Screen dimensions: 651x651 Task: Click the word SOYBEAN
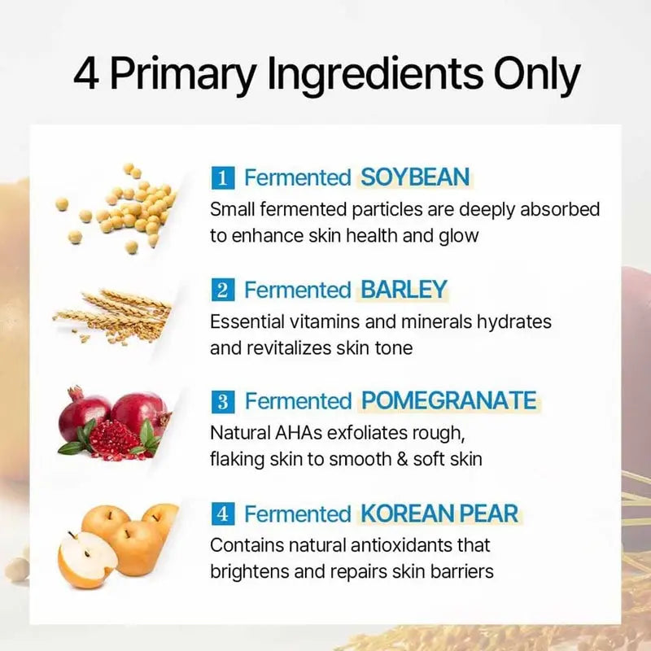pyautogui.click(x=415, y=177)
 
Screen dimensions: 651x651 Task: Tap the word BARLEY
pyautogui.click(x=404, y=290)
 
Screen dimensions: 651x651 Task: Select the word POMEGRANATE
pyautogui.click(x=448, y=401)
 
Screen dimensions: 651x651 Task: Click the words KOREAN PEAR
pyautogui.click(x=439, y=513)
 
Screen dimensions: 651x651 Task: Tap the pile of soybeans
pyautogui.click(x=130, y=208)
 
